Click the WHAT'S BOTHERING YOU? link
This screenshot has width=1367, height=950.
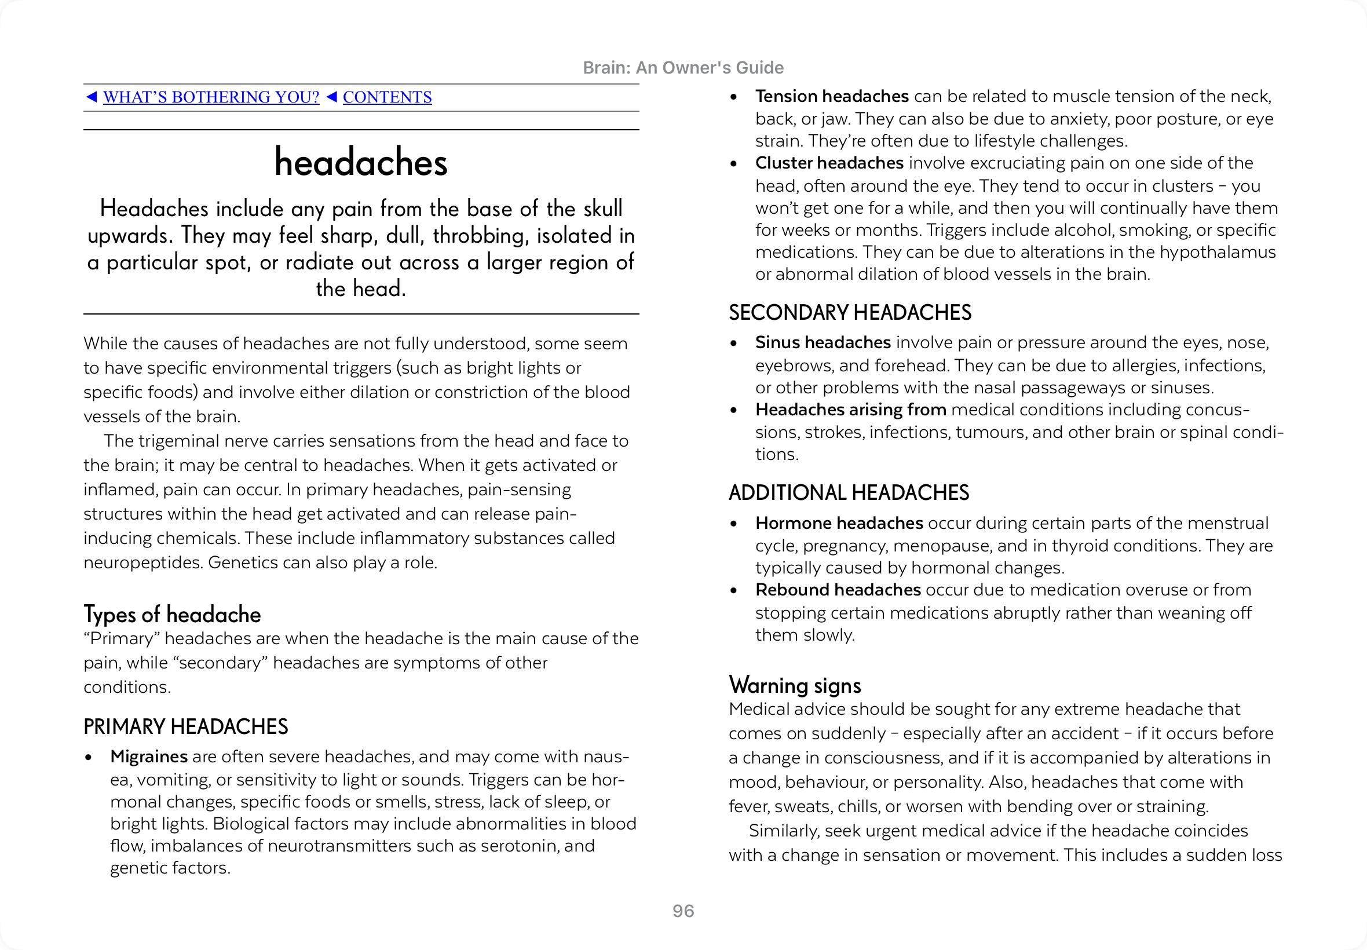coord(211,97)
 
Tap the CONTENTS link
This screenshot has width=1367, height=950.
coord(387,97)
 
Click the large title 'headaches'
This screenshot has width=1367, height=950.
coord(361,163)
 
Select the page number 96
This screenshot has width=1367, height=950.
coord(683,911)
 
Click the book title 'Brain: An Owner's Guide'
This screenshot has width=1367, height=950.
coord(683,68)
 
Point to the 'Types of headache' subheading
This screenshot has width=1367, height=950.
coord(172,614)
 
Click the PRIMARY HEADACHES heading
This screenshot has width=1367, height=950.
coord(186,727)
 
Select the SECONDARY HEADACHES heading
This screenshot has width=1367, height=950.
coord(850,312)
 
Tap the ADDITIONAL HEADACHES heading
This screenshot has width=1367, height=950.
coord(849,493)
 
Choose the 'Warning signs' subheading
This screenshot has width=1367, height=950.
coord(795,685)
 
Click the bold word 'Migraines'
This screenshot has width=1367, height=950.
coord(149,757)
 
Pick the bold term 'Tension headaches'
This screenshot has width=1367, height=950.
coord(831,96)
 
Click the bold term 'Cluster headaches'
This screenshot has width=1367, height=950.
coord(829,163)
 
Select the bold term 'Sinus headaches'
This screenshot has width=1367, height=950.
coord(823,343)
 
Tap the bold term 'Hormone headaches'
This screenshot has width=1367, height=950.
coord(839,523)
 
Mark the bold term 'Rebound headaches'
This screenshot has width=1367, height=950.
coord(838,590)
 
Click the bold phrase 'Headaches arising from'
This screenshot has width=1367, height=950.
coord(850,410)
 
